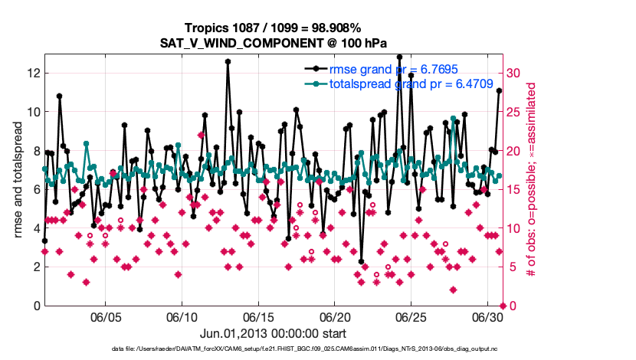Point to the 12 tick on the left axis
click(32, 73)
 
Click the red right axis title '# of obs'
click(530, 180)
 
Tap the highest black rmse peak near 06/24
click(399, 57)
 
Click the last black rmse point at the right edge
click(499, 90)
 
